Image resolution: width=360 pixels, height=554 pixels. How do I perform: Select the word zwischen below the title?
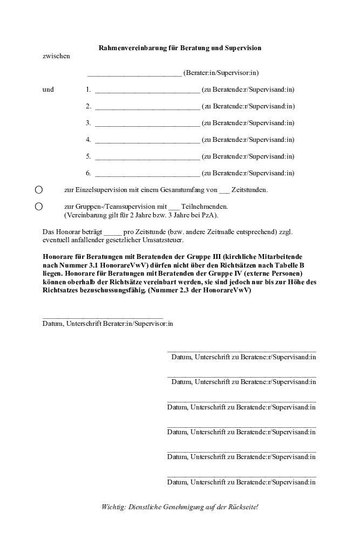click(56, 56)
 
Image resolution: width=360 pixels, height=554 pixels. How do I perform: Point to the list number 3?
click(88, 123)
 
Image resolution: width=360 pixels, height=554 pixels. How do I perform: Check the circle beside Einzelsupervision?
click(39, 190)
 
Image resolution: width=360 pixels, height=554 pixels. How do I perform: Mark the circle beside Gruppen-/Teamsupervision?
click(39, 206)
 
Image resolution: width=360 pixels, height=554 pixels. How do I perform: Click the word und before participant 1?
click(48, 90)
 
